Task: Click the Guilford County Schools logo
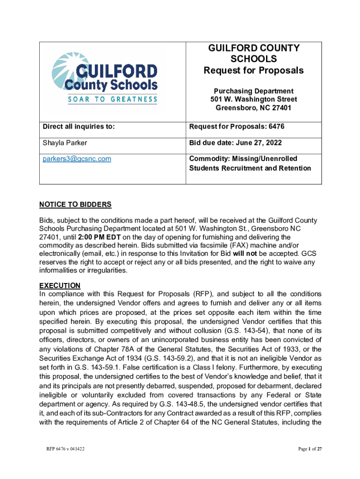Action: pyautogui.click(x=104, y=77)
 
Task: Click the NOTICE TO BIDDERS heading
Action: pyautogui.click(x=75, y=204)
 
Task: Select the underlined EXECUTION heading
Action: pyautogui.click(x=59, y=285)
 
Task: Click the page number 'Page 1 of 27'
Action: pyautogui.click(x=310, y=449)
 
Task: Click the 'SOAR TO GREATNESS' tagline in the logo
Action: pyautogui.click(x=106, y=99)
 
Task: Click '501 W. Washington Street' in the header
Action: pyautogui.click(x=253, y=100)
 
